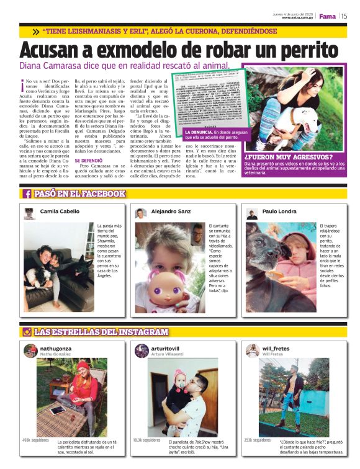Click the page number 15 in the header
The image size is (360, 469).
tap(344, 16)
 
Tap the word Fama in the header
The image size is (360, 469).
tap(328, 16)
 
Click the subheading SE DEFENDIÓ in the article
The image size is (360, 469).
tap(88, 160)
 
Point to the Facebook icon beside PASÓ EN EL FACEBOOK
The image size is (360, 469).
tap(27, 194)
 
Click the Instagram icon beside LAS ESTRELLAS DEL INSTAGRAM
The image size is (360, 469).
tap(27, 333)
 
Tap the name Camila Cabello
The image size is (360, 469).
tap(60, 212)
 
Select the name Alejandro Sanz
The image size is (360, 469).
tap(171, 212)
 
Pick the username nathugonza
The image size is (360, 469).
tap(56, 349)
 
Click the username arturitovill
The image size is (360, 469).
tap(165, 349)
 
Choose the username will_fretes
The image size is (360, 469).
tap(276, 349)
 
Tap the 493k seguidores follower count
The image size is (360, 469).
tap(35, 440)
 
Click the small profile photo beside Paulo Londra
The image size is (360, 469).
tap(251, 213)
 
